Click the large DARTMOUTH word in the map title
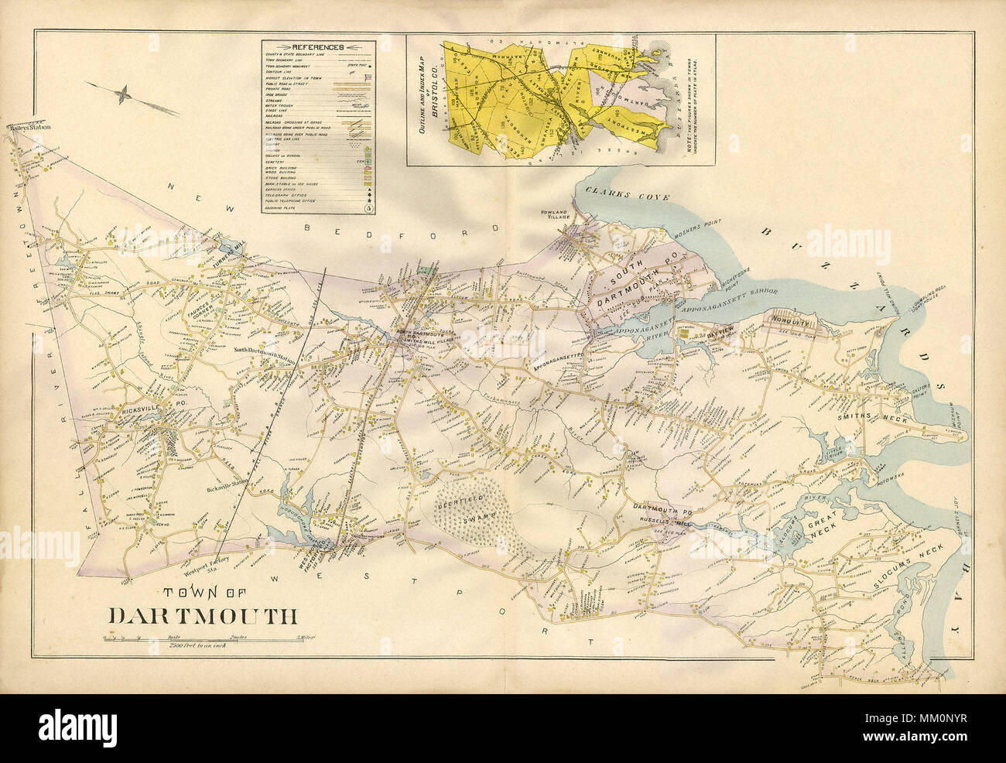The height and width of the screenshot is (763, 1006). tap(203, 616)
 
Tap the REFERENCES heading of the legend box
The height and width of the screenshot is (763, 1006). tap(317, 46)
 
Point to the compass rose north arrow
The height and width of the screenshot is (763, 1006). tap(122, 95)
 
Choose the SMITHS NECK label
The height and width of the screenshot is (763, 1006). tap(866, 416)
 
